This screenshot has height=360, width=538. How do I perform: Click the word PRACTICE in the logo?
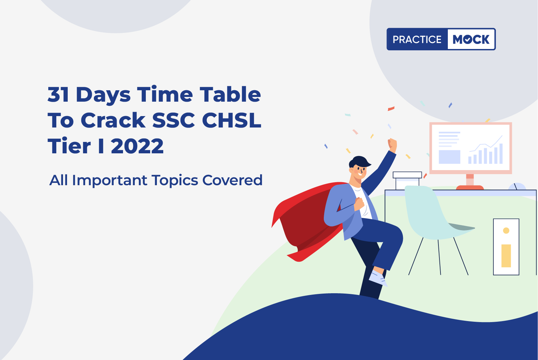pos(417,39)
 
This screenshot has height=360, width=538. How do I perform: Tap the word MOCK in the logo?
pos(471,39)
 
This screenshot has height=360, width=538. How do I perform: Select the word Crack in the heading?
pos(113,120)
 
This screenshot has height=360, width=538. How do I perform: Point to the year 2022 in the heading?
pos(137,146)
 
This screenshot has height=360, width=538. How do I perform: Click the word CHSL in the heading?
pos(232,120)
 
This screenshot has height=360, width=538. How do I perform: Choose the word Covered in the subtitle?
pos(232,180)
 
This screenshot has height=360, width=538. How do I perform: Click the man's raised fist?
pos(392,145)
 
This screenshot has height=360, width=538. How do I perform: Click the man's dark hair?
pos(359,161)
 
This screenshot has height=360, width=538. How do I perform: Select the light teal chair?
pos(430,214)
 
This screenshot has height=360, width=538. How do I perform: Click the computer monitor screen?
pos(471,148)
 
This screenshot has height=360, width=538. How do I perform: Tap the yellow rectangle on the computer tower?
pos(506,256)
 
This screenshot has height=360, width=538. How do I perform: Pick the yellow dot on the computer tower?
pos(506,230)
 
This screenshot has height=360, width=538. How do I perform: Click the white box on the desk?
pos(407,181)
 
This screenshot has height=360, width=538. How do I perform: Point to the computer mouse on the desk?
pos(517,187)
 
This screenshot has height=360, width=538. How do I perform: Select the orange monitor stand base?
pos(470,188)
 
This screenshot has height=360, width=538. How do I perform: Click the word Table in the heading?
pos(230,95)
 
